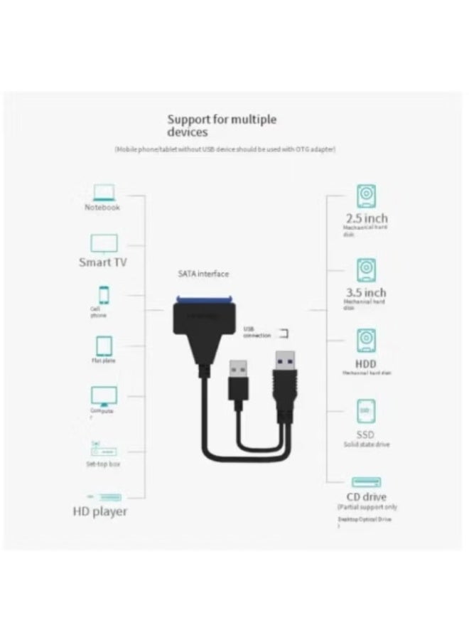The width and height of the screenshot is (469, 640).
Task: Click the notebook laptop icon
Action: [x=103, y=192]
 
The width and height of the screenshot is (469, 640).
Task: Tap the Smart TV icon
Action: [x=103, y=244]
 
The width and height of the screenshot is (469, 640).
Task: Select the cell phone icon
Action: [x=104, y=294]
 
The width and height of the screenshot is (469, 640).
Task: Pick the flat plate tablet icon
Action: [x=104, y=346]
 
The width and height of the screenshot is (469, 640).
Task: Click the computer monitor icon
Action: [x=104, y=396]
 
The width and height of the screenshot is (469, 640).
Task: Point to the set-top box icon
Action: [x=104, y=451]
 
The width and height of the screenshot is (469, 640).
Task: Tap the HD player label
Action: [x=100, y=511]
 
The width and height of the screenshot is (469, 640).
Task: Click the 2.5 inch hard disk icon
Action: [x=367, y=196]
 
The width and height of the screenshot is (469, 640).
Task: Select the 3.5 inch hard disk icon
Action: [x=367, y=270]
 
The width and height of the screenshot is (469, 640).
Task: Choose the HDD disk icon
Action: [x=367, y=339]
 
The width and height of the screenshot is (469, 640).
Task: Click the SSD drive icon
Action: [x=367, y=411]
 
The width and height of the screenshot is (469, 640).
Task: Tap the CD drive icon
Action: [x=367, y=482]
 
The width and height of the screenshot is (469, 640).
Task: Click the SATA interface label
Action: [x=203, y=274]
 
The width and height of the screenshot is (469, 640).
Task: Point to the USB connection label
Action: [x=257, y=332]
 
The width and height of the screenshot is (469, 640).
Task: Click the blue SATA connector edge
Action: [x=205, y=300]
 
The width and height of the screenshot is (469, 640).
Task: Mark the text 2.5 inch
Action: [x=367, y=218]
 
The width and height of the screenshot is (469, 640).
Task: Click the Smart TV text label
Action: [x=103, y=262]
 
